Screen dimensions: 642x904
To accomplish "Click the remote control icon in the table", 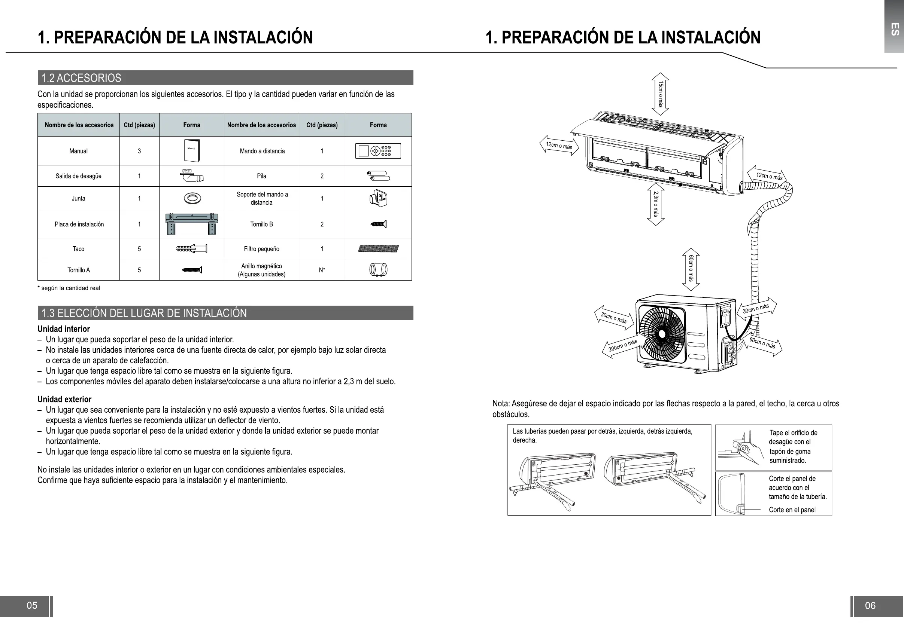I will pyautogui.click(x=378, y=151).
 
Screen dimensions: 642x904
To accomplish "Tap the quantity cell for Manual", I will pyautogui.click(x=139, y=151).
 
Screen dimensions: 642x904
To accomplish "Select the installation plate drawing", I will pyautogui.click(x=191, y=224).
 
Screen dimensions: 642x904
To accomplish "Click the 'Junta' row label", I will pyautogui.click(x=78, y=198).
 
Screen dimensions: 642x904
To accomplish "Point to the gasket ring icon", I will pyautogui.click(x=192, y=198).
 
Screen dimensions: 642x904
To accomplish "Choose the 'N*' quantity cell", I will pyautogui.click(x=322, y=270).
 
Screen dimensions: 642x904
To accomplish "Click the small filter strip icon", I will pyautogui.click(x=378, y=249).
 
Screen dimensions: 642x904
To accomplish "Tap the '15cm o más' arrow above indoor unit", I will pyautogui.click(x=660, y=94).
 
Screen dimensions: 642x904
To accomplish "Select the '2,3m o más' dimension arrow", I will pyautogui.click(x=656, y=204).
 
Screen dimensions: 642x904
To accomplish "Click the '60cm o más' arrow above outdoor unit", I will pyautogui.click(x=691, y=269).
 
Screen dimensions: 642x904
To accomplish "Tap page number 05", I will pyautogui.click(x=32, y=605).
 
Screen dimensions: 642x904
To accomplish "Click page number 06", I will pyautogui.click(x=870, y=605).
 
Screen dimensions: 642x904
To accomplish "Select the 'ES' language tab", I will pyautogui.click(x=894, y=29).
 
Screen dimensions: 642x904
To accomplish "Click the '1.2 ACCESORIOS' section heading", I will pyautogui.click(x=82, y=78).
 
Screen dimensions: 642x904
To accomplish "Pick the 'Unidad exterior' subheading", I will pyautogui.click(x=64, y=399).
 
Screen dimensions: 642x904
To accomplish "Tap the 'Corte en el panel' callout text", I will pyautogui.click(x=792, y=510).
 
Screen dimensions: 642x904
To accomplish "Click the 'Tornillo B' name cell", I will pyautogui.click(x=261, y=224).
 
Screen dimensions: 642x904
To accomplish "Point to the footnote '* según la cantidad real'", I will pyautogui.click(x=69, y=288).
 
